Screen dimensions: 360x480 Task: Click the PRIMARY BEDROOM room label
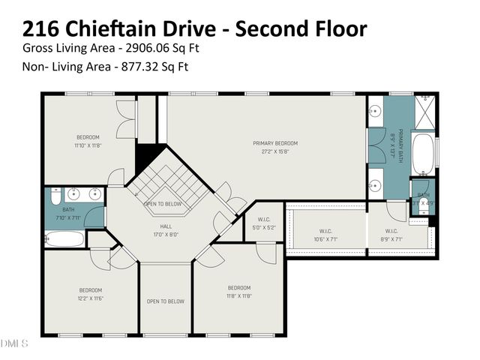(275, 143)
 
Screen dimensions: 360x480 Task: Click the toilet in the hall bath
(55, 198)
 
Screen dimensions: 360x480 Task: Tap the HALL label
(166, 225)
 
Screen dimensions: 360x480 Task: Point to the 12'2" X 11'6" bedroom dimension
(90, 298)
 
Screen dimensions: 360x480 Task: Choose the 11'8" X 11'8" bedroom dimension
(238, 295)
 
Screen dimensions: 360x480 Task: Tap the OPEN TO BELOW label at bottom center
(166, 301)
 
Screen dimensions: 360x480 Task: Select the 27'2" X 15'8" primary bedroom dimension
(275, 151)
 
